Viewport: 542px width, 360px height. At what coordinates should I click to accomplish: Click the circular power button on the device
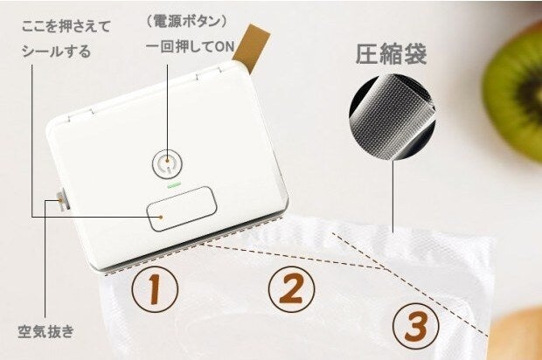[167, 163]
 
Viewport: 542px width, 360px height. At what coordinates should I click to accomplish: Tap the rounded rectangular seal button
[182, 209]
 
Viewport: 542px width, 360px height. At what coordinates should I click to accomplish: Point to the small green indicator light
[173, 186]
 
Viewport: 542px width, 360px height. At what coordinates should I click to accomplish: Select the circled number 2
[292, 289]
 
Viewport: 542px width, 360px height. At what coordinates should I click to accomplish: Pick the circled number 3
[416, 326]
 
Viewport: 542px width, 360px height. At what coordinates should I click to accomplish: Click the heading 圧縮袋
[391, 54]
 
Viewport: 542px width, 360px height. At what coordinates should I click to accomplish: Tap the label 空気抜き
[46, 331]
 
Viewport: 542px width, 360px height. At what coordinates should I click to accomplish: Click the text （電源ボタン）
[187, 22]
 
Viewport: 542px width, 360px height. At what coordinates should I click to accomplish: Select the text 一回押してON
[190, 46]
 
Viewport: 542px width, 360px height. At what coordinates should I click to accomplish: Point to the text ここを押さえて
[66, 26]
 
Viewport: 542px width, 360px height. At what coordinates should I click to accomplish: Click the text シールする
[56, 52]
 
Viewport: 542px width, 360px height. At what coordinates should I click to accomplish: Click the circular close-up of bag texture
[392, 117]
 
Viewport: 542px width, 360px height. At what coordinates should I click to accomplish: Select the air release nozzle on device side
[62, 199]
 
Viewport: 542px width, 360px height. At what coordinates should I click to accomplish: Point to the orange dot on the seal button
[161, 217]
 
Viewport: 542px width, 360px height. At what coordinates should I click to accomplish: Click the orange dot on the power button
[167, 161]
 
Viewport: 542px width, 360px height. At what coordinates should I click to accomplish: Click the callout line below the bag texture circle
[393, 197]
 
